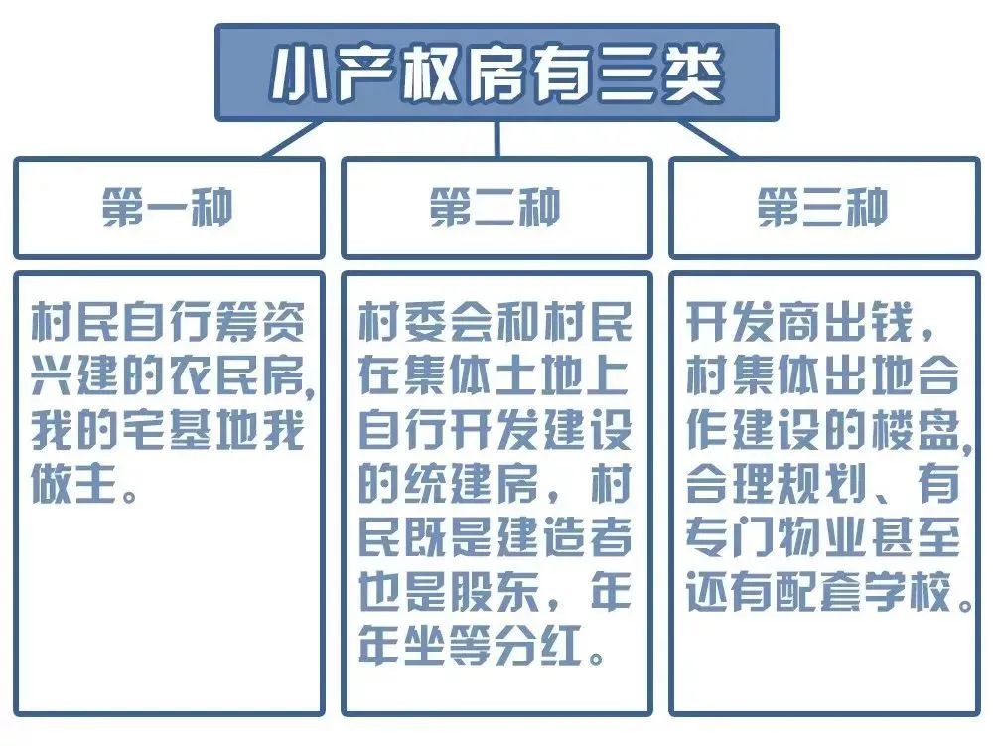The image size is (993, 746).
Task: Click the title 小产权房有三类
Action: coord(497,73)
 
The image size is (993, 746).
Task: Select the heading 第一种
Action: coord(168,207)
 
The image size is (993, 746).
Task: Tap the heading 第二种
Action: coord(496,207)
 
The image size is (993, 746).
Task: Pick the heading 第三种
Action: coord(823,207)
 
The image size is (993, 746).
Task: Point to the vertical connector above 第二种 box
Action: coord(497,139)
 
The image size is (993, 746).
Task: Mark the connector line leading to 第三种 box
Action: coord(707,139)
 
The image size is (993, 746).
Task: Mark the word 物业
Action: coord(823,537)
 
